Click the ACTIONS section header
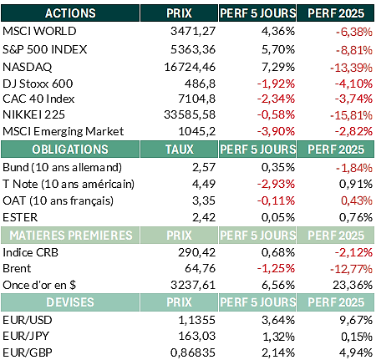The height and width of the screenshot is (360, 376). pos(70,13)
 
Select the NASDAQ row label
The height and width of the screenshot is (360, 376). pos(28,67)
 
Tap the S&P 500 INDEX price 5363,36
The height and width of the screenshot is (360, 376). pos(193,49)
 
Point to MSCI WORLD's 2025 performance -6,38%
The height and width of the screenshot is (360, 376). pos(354,32)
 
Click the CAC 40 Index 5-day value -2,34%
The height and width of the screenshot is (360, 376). pos(276,99)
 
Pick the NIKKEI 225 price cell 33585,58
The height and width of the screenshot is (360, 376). pos(190,114)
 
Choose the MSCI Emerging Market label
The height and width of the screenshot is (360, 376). pos(64,131)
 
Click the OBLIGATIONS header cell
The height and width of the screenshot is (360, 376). pos(70,150)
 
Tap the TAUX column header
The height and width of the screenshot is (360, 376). pos(180,150)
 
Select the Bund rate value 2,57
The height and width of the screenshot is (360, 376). pos(204,167)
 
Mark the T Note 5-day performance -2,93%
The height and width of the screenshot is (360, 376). pos(276,184)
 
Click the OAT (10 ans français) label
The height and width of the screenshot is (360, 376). pos(58,200)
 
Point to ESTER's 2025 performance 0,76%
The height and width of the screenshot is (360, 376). pos(356,217)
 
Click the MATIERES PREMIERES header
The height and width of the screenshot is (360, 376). pos(71,236)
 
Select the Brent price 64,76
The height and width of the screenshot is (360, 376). pos(201,269)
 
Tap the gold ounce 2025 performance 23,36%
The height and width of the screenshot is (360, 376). pos(353,285)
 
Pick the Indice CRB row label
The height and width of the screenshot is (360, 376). pos(31,252)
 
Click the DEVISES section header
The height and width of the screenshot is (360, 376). pos(70,302)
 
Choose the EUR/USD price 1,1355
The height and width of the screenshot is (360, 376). pos(197,320)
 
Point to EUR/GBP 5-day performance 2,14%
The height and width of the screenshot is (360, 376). pos(278,352)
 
